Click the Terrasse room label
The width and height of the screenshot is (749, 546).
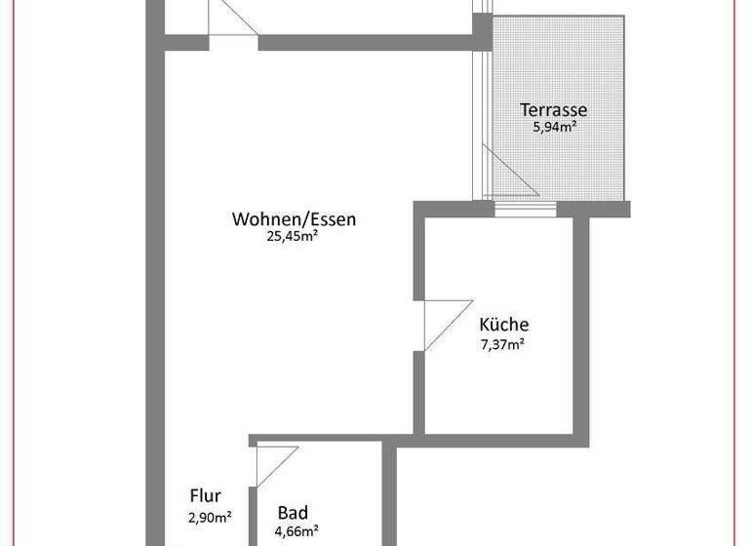pos(554,110)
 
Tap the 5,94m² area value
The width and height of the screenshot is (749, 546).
pos(553,128)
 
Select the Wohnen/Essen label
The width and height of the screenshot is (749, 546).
pos(294,219)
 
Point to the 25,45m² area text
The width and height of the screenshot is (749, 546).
pos(293,236)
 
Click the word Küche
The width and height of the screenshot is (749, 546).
pos(504,326)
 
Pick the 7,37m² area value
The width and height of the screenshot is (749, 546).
pos(503,342)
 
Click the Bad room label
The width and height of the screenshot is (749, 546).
pos(293,513)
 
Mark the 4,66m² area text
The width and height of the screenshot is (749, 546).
pos(296,531)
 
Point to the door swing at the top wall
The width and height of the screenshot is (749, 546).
pos(231,19)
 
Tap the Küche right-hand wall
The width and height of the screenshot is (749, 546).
pos(581,322)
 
